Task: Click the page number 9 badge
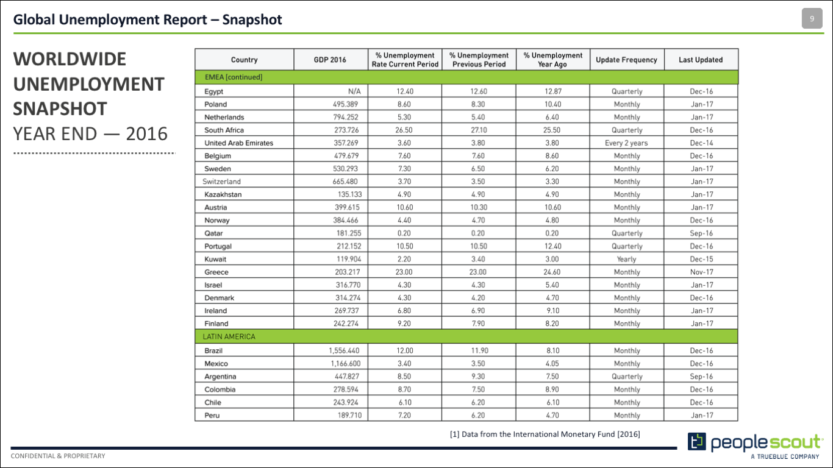coord(812,18)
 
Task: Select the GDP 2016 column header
coord(330,60)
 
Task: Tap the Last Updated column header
coord(701,60)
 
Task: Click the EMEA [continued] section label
coord(233,77)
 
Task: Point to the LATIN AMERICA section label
coord(229,336)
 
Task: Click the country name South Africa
coord(224,130)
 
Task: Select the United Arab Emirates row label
coord(238,143)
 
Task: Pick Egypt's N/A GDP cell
coord(354,91)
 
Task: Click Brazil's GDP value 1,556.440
coord(344,350)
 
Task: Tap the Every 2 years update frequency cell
coord(626,143)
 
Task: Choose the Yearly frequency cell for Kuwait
coord(626,259)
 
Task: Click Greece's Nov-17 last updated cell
coord(701,272)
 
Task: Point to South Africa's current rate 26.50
coord(404,130)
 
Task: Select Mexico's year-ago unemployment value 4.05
coord(552,364)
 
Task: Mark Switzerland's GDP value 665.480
coord(345,182)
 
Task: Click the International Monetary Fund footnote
coord(545,434)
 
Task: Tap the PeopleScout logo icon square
coord(696,442)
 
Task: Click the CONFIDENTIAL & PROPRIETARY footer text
coord(58,456)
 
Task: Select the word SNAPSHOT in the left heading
coord(60,109)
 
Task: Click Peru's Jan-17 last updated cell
coord(702,416)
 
